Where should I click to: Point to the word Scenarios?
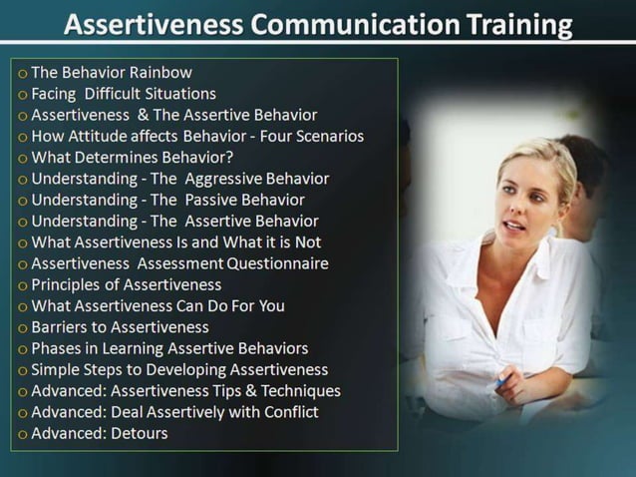[325, 136]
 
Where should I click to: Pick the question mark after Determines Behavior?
[230, 158]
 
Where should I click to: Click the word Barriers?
[62, 327]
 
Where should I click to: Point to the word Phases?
[57, 348]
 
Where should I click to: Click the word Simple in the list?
[57, 370]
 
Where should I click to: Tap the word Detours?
[140, 433]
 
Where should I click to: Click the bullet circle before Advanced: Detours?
[23, 434]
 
